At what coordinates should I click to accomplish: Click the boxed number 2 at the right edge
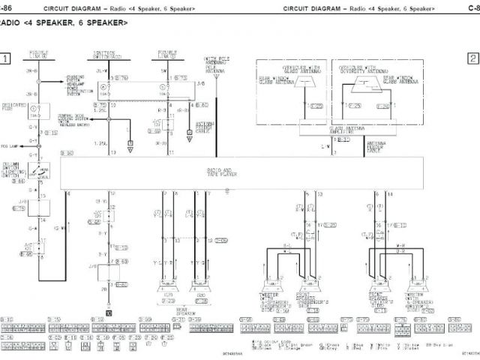[473, 58]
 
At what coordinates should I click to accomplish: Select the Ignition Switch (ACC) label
[108, 55]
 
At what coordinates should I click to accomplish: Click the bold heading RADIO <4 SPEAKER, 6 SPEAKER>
[64, 22]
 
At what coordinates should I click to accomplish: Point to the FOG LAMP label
[9, 145]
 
